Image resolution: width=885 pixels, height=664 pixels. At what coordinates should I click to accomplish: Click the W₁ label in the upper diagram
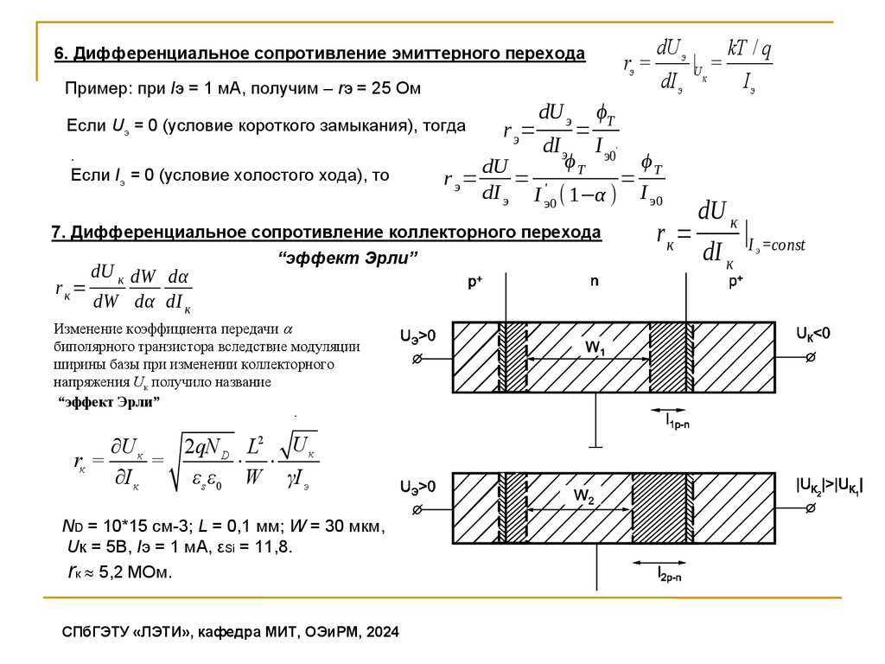[x=595, y=348]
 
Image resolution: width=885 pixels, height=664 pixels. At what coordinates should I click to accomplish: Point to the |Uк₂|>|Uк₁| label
[x=829, y=486]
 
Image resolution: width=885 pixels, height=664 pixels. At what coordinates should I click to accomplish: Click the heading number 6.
[x=60, y=54]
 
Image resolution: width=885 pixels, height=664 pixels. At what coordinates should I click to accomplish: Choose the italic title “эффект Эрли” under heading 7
[x=348, y=259]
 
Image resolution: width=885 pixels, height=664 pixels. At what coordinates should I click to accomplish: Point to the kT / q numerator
[x=748, y=49]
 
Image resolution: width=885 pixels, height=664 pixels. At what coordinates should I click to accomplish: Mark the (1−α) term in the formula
[x=589, y=195]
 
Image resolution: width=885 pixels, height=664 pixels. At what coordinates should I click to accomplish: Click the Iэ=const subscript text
[x=775, y=246]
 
